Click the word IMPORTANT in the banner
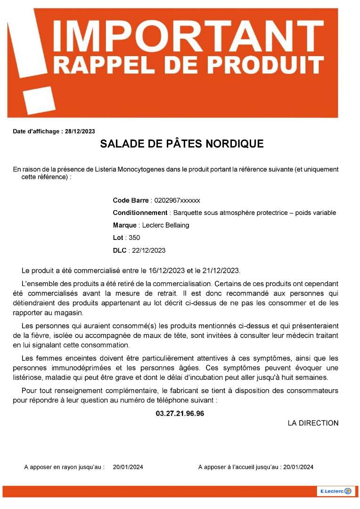click(189, 34)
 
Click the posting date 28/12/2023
click(80, 131)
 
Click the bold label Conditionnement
click(140, 213)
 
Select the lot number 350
click(134, 238)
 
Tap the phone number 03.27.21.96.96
click(180, 413)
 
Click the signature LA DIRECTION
click(313, 423)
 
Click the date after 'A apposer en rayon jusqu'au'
click(128, 467)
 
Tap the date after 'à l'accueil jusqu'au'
click(298, 467)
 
